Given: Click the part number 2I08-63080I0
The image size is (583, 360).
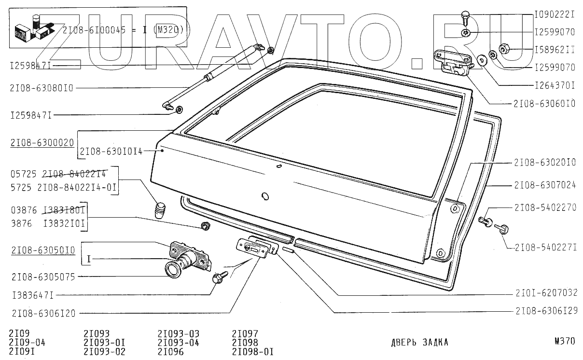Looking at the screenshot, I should click(x=41, y=88).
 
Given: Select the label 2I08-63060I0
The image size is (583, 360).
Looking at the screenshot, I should click(x=544, y=103).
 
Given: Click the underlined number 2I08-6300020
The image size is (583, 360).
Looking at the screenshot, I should click(x=41, y=143).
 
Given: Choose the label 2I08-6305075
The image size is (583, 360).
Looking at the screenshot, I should click(x=41, y=277).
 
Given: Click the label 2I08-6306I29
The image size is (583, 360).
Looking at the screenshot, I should click(x=546, y=311).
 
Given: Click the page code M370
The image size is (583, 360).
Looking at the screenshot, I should click(x=565, y=341).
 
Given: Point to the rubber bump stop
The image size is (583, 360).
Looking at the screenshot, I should click(x=160, y=210).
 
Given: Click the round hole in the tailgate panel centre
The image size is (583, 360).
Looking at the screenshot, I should click(x=264, y=196).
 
